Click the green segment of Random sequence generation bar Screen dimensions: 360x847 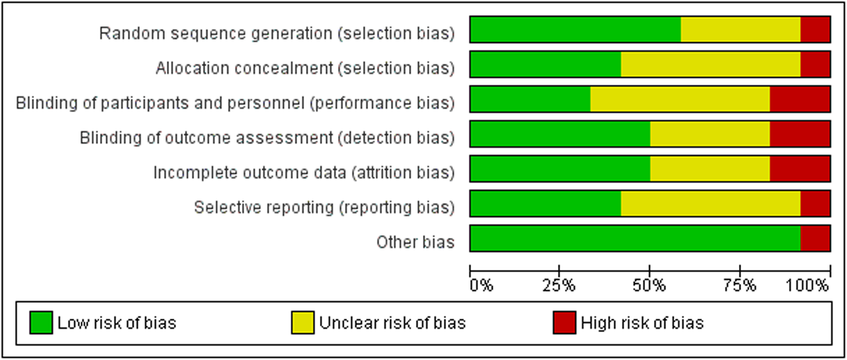point(575,30)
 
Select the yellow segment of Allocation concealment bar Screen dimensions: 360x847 point(711,64)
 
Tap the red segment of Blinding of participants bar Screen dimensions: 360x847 point(800,99)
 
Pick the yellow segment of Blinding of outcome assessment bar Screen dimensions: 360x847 point(710,134)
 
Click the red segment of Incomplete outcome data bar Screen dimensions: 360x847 point(800,168)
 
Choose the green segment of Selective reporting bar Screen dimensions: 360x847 point(545,203)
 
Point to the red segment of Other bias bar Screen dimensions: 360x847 point(815,238)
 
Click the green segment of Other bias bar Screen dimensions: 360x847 point(635,238)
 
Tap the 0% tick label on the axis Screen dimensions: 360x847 point(481,285)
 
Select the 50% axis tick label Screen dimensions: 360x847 point(649,285)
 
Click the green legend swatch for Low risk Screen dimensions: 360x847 point(41,323)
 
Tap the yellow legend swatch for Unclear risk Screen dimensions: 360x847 point(303,323)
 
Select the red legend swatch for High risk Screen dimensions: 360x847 point(564,323)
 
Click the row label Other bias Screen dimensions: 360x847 point(415,242)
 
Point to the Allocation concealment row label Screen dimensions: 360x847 point(305,69)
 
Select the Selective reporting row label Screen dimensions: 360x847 point(324,208)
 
